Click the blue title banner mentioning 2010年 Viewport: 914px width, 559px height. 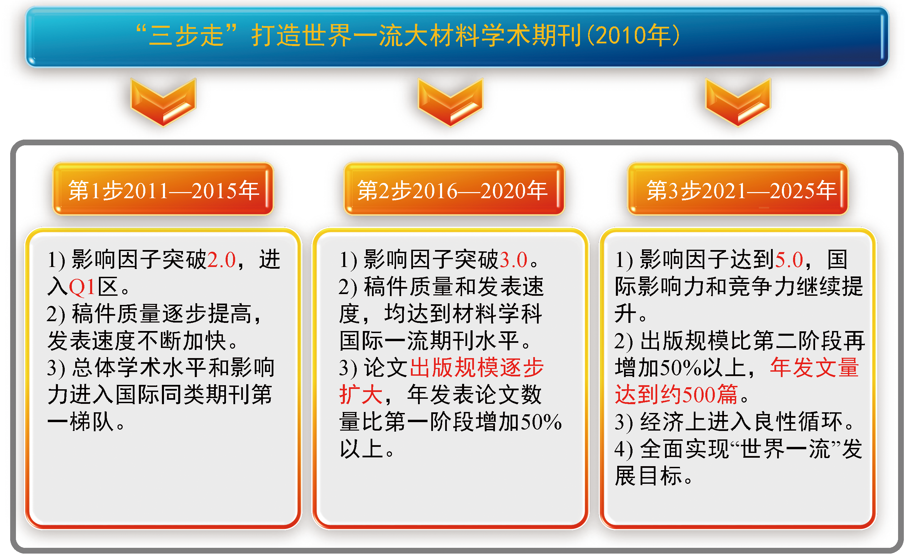[457, 36]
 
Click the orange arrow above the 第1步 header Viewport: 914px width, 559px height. [163, 102]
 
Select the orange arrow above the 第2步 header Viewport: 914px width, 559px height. [450, 102]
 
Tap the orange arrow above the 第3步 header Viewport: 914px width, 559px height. [738, 102]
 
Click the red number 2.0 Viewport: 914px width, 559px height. [222, 260]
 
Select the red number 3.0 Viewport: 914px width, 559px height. [513, 260]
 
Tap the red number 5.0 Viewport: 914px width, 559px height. [789, 260]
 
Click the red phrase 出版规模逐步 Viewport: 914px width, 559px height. [477, 368]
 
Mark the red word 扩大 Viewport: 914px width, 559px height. [360, 395]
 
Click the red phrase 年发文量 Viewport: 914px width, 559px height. [815, 368]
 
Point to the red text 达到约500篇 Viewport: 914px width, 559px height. [676, 395]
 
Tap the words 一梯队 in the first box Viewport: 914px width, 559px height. [81, 422]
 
